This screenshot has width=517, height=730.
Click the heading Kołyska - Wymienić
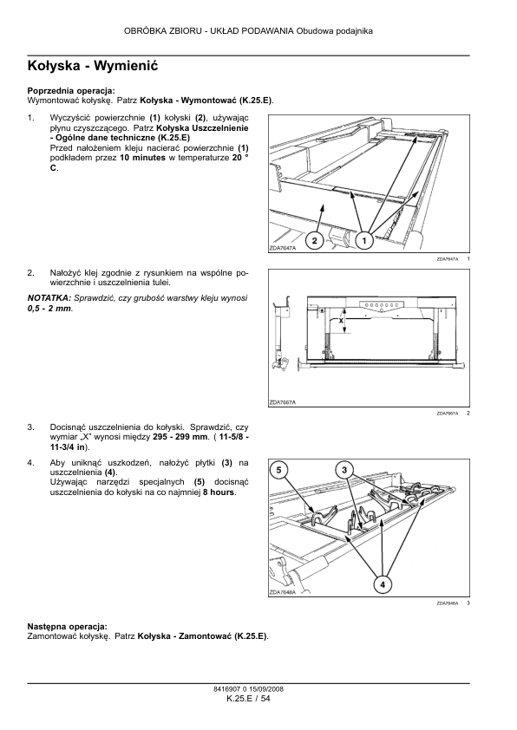tap(93, 66)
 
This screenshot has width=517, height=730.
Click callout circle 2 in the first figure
tap(314, 241)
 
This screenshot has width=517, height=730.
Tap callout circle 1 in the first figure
tap(364, 241)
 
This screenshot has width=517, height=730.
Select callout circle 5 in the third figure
tap(278, 470)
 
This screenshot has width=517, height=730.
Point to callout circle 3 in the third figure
tap(344, 470)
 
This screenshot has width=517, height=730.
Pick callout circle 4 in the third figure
tap(383, 584)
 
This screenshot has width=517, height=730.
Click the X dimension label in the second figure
tap(341, 322)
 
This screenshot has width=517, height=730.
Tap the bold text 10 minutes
tap(142, 158)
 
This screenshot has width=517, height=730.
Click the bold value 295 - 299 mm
tap(181, 437)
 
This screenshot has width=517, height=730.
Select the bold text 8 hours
tap(219, 492)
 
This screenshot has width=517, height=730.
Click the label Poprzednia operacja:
tap(71, 91)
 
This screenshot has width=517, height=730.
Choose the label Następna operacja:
tap(68, 627)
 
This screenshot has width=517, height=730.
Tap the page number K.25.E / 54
tap(248, 698)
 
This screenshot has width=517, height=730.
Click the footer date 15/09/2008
tap(266, 689)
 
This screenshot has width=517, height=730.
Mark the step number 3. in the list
tap(30, 427)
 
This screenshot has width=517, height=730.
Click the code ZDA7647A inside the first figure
tap(282, 249)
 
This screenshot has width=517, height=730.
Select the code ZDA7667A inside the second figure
tap(282, 402)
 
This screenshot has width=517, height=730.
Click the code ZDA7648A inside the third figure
tap(282, 593)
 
